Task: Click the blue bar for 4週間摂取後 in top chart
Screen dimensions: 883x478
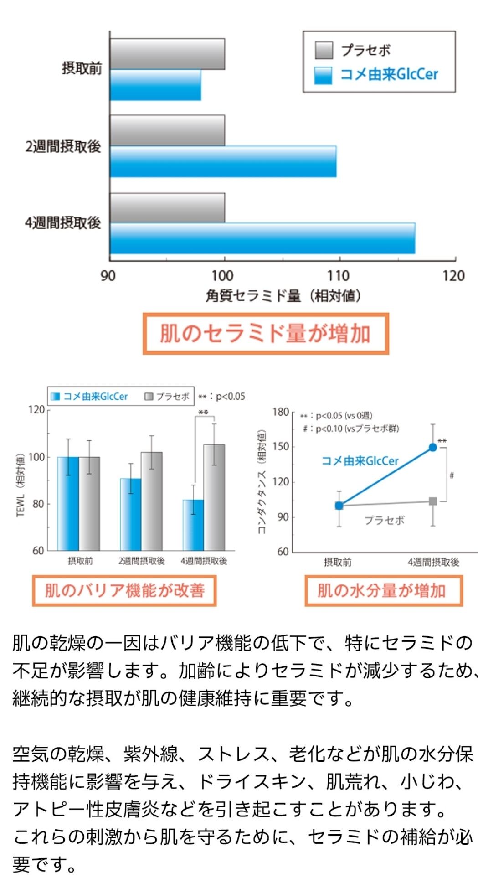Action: [x=262, y=238]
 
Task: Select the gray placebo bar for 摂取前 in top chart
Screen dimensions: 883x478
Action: [x=167, y=54]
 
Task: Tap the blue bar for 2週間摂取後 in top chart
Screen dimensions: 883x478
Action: [x=223, y=161]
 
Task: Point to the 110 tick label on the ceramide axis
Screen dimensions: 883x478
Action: [x=338, y=276]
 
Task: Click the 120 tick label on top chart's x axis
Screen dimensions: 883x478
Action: [x=453, y=276]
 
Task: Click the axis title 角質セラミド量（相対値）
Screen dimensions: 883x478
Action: [x=283, y=296]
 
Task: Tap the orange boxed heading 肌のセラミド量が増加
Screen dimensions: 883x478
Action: [x=266, y=333]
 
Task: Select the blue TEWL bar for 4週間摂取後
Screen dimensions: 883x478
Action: [x=193, y=525]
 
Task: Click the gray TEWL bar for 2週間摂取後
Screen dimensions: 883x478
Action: [x=152, y=501]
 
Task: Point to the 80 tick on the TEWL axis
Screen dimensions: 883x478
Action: [x=38, y=504]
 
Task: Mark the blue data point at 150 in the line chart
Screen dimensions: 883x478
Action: [x=433, y=448]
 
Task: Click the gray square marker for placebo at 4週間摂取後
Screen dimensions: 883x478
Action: [x=433, y=501]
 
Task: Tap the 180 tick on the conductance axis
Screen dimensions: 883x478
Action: [x=281, y=412]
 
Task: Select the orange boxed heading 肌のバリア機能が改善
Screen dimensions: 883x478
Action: [x=124, y=591]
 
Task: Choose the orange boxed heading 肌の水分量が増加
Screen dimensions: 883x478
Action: [x=383, y=591]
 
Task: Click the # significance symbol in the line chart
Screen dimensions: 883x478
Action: [x=452, y=475]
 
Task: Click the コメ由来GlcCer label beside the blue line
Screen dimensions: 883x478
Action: [x=360, y=461]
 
